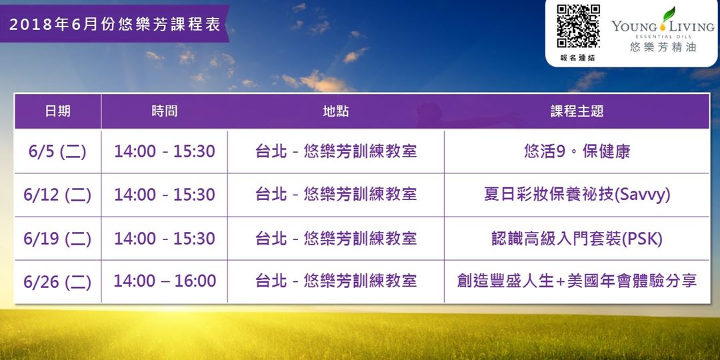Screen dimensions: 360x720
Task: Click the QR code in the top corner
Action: pyautogui.click(x=578, y=26)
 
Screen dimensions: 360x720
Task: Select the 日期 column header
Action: pyautogui.click(x=58, y=111)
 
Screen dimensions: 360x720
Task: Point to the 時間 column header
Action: pyautogui.click(x=165, y=111)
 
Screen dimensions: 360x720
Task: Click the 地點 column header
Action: pyautogui.click(x=336, y=111)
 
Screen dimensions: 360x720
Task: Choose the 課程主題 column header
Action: pyautogui.click(x=577, y=111)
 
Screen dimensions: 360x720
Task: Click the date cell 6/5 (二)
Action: pyautogui.click(x=57, y=151)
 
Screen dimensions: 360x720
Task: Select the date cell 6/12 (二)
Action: pyautogui.click(x=57, y=195)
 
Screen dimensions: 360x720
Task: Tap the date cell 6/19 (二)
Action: pyautogui.click(x=57, y=238)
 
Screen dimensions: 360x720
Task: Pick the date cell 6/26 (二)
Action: pyautogui.click(x=57, y=281)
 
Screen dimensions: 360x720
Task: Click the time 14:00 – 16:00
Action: pyautogui.click(x=165, y=281)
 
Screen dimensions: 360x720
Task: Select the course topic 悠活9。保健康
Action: pyautogui.click(x=577, y=151)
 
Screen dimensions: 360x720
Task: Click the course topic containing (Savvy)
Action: pyautogui.click(x=577, y=195)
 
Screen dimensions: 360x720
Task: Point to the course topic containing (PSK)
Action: pyautogui.click(x=577, y=238)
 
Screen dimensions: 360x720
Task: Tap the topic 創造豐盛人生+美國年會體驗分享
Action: pyautogui.click(x=577, y=281)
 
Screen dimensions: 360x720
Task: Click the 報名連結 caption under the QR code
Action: pyautogui.click(x=577, y=58)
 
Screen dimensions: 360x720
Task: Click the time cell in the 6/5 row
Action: pyautogui.click(x=165, y=151)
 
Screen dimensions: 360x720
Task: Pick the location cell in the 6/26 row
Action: pyautogui.click(x=336, y=281)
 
